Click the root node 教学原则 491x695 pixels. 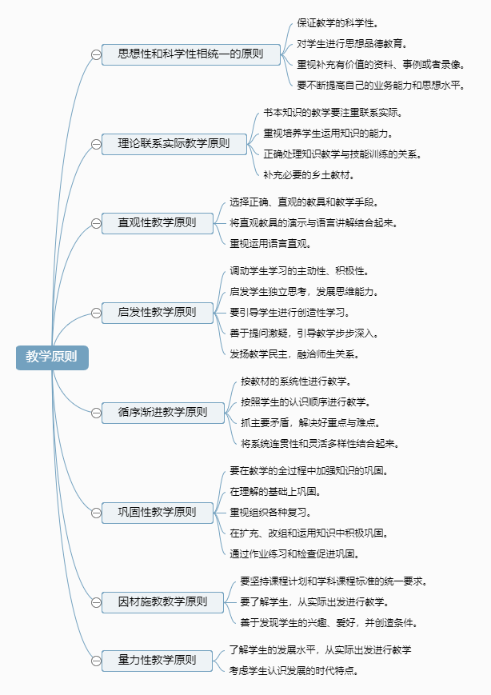pos(52,357)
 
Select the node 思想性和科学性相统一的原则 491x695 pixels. pos(191,54)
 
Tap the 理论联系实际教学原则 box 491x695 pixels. pos(174,144)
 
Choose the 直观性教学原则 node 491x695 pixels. pos(158,223)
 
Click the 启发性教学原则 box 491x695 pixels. pos(158,313)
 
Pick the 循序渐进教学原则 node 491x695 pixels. pos(163,413)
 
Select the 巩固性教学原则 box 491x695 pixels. pos(158,513)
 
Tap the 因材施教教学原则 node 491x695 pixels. pos(162,602)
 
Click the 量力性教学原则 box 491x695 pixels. pos(157,661)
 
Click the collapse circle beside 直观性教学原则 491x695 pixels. pos(96,223)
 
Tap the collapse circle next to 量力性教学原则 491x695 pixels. pos(96,661)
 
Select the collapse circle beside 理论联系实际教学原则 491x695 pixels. pos(96,145)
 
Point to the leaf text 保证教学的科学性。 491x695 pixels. pos(337,23)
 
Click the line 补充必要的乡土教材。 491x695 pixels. pos(309,175)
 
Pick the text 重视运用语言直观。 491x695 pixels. pos(270,244)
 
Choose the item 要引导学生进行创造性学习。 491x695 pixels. pos(289,313)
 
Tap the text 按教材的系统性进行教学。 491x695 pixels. pos(297,381)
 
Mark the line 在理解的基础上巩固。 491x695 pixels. pos(275,492)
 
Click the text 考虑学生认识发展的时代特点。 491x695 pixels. pos(293,671)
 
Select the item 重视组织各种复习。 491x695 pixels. pos(270,513)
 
